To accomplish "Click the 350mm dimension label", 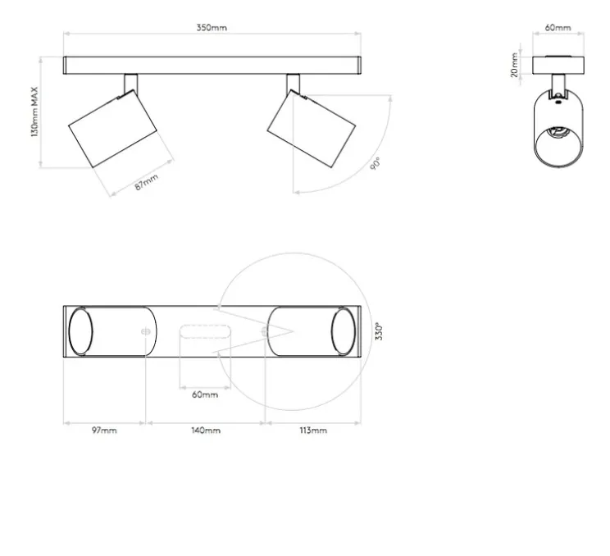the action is [x=212, y=28].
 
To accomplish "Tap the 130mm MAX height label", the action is [x=35, y=112].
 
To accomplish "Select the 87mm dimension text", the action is [x=147, y=182].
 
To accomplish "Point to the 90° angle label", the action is [x=375, y=163].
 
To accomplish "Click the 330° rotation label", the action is [x=379, y=331].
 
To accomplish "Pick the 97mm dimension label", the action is [x=104, y=431].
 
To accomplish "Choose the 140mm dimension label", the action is [x=206, y=431].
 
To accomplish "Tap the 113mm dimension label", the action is [x=313, y=431].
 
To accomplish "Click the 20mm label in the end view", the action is [x=515, y=65].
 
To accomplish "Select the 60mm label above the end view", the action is [x=558, y=28].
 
